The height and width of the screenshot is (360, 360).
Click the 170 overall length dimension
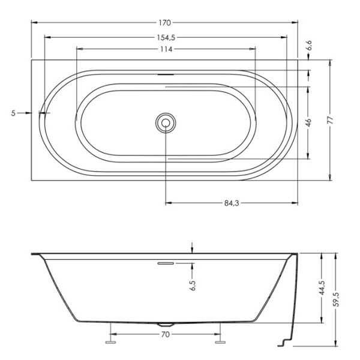(165, 23)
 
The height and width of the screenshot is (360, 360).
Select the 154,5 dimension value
(166, 37)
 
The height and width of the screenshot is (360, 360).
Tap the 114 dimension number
(166, 49)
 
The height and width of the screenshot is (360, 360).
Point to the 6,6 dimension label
(309, 45)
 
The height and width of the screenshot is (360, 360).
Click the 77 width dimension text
(330, 121)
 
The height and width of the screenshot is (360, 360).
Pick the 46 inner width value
(308, 122)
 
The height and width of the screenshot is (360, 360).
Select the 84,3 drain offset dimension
(232, 203)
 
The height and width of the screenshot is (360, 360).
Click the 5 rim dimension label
(13, 113)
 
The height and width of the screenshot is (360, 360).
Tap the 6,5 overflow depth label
(193, 286)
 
